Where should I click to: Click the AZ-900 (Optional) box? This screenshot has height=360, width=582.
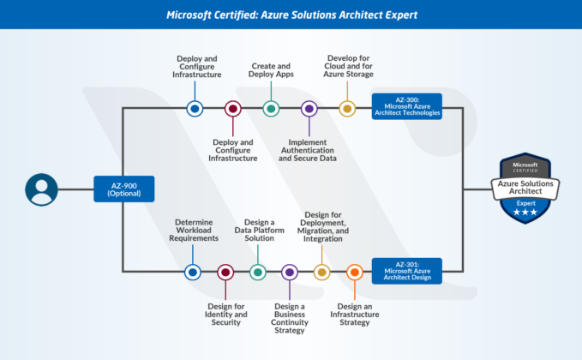click(x=123, y=189)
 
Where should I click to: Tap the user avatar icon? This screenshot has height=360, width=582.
click(x=41, y=189)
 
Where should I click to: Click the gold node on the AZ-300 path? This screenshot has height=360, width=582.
click(x=346, y=108)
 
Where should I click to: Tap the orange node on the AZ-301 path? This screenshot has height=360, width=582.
click(x=354, y=272)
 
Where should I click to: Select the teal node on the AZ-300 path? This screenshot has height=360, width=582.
click(x=271, y=108)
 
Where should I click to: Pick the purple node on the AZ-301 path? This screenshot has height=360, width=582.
click(x=290, y=272)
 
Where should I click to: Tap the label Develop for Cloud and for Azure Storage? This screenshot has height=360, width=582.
click(x=349, y=66)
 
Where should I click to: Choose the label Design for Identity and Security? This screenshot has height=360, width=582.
click(x=226, y=315)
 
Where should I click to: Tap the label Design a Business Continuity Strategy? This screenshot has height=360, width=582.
click(x=290, y=318)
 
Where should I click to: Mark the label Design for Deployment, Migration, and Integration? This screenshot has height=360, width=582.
click(x=324, y=225)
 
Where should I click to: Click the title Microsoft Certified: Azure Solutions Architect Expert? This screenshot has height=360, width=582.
click(x=291, y=15)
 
